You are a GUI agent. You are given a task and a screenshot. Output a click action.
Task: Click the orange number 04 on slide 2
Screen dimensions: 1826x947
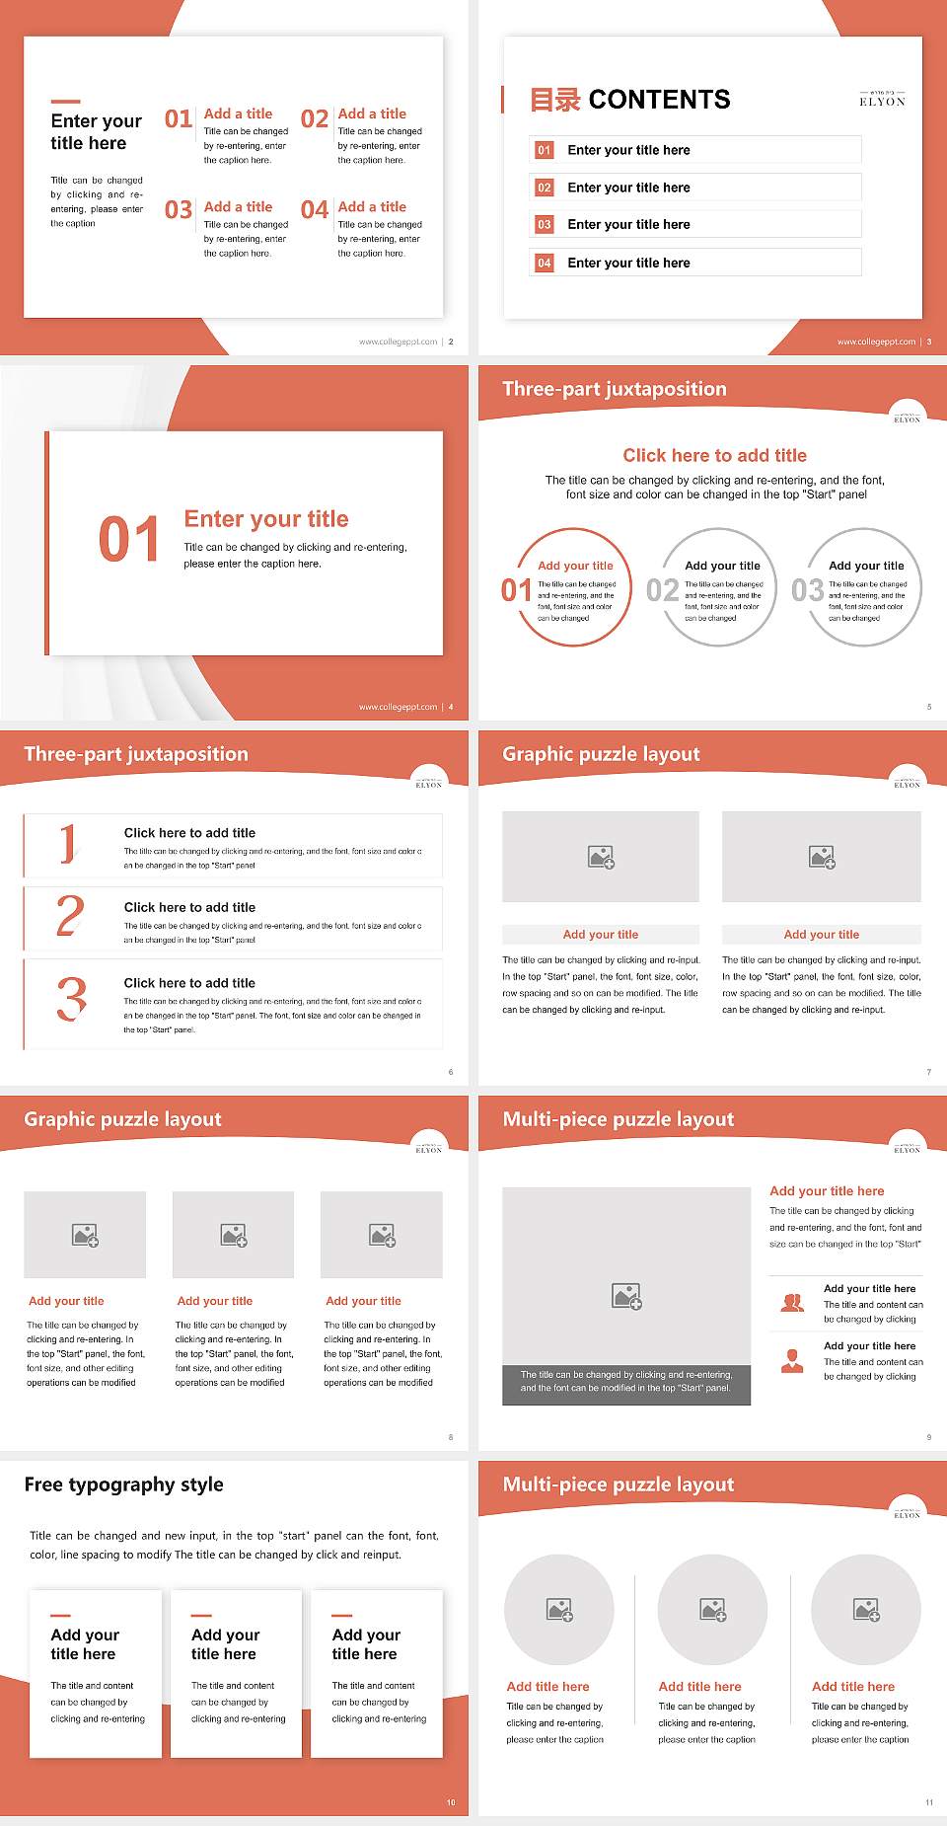315,210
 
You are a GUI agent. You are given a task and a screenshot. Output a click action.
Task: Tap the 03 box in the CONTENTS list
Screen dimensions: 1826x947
545,225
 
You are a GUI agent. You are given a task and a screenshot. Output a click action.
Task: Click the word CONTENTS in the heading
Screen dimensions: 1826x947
659,100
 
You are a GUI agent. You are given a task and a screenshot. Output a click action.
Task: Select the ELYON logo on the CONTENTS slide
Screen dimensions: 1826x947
882,99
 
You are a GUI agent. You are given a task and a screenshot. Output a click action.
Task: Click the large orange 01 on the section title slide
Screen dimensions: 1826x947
128,540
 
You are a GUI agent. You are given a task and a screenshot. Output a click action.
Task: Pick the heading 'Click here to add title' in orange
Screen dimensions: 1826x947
714,455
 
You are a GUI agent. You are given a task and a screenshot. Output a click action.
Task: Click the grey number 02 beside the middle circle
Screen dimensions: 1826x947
662,590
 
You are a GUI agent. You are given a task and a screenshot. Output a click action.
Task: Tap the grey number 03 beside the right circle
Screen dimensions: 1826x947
807,590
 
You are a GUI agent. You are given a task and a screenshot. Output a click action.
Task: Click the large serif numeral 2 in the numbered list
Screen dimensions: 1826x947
70,917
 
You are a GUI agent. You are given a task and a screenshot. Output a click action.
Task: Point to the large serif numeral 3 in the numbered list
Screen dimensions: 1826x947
71,999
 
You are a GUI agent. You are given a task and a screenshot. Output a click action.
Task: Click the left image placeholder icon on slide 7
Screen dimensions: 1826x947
601,857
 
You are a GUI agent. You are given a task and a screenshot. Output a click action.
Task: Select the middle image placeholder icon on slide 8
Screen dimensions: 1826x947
234,1235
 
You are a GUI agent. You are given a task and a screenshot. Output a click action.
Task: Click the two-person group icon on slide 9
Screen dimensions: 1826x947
792,1303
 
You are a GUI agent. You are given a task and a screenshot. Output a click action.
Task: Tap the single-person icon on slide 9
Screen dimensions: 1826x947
792,1361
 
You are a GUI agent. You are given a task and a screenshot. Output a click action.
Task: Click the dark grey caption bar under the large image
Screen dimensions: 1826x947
626,1381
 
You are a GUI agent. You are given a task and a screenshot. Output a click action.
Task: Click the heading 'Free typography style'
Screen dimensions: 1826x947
123,1484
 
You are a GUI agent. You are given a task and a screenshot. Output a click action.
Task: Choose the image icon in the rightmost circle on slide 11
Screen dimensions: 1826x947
866,1610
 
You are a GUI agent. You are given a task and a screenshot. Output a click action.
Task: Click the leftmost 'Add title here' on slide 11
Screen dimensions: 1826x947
547,1687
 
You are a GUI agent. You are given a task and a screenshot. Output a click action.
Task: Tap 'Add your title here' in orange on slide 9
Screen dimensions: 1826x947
827,1191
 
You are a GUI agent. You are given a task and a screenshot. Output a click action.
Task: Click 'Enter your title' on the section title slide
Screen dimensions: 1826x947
266,519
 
